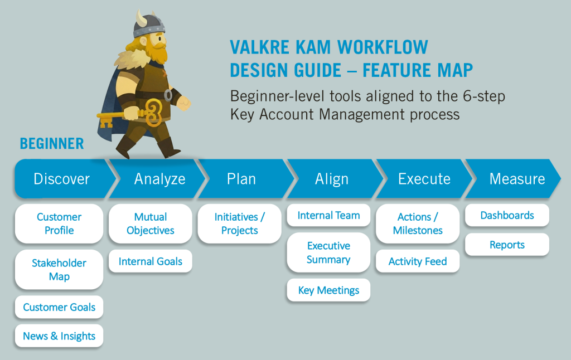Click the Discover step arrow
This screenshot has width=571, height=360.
point(62,179)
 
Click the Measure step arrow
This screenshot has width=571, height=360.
point(513,179)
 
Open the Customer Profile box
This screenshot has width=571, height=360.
point(59,223)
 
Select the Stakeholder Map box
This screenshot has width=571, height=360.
point(59,269)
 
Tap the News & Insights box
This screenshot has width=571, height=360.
point(59,335)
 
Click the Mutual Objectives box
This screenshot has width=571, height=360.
point(151,223)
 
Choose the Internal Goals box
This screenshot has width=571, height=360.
point(151,261)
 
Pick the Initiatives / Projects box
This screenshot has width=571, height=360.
point(240,223)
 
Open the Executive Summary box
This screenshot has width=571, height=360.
point(328,252)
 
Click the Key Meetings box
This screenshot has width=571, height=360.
point(328,290)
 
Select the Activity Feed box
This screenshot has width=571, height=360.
point(418,261)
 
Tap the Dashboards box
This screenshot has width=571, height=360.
point(507,215)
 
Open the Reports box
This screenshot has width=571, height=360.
point(507,245)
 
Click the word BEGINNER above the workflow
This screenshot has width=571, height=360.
point(52,143)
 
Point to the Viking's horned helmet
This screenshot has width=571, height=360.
point(148,25)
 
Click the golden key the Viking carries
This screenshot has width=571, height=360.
point(131,115)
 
